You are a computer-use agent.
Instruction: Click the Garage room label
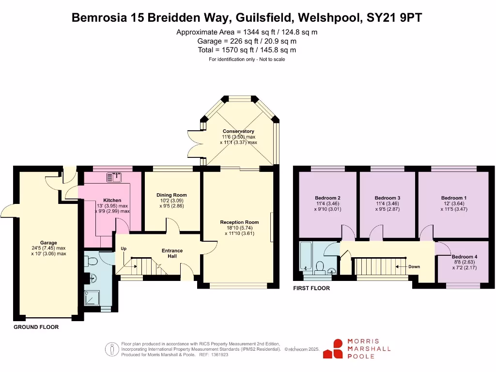(x=48, y=243)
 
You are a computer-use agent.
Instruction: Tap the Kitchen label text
(x=112, y=200)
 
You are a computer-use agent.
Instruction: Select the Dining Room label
(x=172, y=195)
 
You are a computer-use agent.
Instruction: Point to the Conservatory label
(x=238, y=131)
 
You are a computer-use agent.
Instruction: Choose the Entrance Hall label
(x=172, y=253)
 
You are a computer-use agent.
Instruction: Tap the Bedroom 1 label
(x=454, y=198)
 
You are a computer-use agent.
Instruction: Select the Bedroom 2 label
(x=327, y=198)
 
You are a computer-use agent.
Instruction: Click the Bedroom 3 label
(x=387, y=198)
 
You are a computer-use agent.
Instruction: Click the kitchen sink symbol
(x=115, y=178)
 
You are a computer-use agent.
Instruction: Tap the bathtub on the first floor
(x=306, y=257)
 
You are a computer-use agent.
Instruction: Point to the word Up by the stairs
(x=124, y=249)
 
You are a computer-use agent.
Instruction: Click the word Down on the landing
(x=414, y=266)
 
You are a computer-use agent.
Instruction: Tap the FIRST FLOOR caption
(x=311, y=288)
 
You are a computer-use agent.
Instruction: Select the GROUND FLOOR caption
(x=36, y=327)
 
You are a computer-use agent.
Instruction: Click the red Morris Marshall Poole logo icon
(x=334, y=349)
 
